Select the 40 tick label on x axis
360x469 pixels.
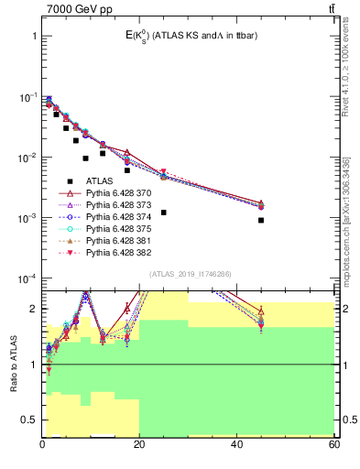[x=236, y=444]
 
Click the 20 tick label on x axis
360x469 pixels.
[x=139, y=444]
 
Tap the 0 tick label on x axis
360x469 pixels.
[x=42, y=444]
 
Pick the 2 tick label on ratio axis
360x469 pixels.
[x=33, y=309]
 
